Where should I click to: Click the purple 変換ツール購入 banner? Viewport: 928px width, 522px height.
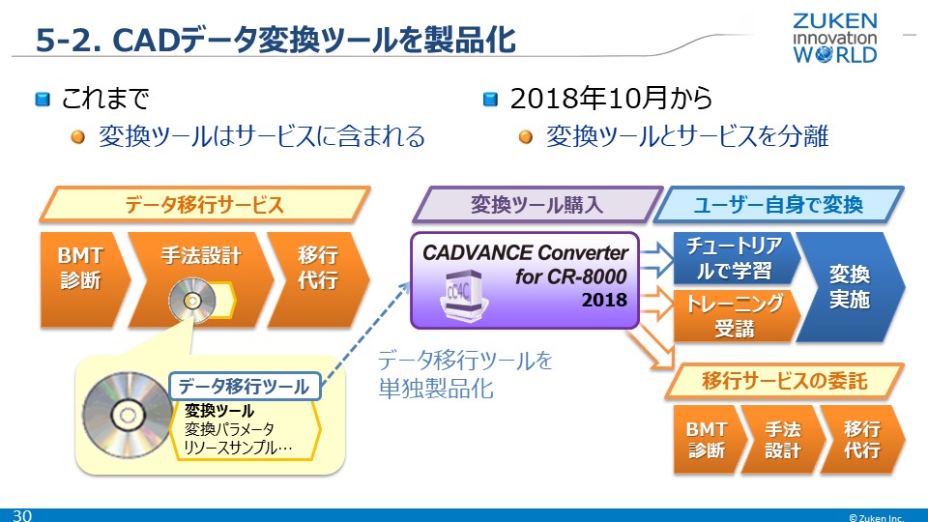[536, 205]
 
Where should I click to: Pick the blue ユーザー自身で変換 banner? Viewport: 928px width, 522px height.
[778, 205]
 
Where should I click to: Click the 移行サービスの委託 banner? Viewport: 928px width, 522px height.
[784, 381]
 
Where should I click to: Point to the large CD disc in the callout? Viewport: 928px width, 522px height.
[127, 415]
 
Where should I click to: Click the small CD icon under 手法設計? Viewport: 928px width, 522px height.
[186, 304]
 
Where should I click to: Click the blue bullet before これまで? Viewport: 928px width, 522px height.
[43, 99]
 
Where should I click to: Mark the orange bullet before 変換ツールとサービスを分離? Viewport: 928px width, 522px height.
[526, 137]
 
